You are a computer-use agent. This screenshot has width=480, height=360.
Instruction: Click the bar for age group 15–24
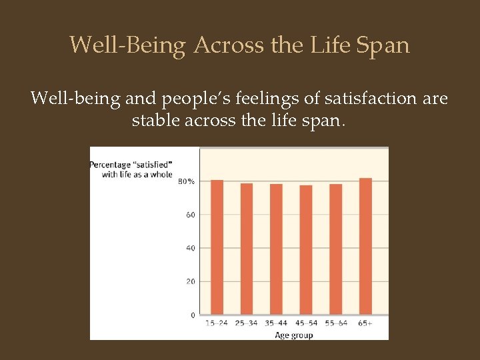pyautogui.click(x=217, y=247)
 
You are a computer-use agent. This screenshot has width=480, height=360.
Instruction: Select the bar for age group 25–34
pyautogui.click(x=247, y=249)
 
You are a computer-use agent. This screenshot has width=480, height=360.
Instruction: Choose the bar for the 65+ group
pyautogui.click(x=365, y=246)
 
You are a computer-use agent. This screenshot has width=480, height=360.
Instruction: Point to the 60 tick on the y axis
pyautogui.click(x=190, y=215)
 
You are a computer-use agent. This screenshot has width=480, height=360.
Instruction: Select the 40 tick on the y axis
pyautogui.click(x=190, y=248)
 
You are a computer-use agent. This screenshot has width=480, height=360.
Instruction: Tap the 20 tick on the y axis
pyautogui.click(x=190, y=281)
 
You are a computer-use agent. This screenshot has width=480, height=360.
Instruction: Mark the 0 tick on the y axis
pyautogui.click(x=193, y=315)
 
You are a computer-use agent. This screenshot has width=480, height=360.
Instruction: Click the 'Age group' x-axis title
pyautogui.click(x=293, y=335)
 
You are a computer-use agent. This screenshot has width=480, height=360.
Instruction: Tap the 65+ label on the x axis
pyautogui.click(x=365, y=324)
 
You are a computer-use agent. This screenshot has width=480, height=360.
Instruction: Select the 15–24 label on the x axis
pyautogui.click(x=217, y=324)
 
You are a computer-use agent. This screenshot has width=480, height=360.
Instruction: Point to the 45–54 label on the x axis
pyautogui.click(x=306, y=324)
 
